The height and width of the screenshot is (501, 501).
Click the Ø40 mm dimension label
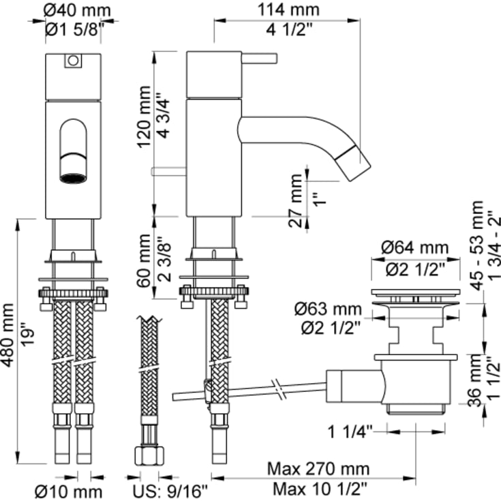click(77, 10)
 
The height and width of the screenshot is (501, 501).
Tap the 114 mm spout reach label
click(288, 10)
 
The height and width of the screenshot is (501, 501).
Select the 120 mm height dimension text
click(144, 117)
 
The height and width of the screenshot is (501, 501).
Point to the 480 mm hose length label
click(7, 335)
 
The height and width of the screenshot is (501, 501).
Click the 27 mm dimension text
click(295, 200)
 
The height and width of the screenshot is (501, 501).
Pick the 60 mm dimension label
click(144, 260)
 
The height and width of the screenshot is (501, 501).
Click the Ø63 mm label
click(328, 309)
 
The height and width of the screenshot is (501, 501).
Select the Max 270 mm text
click(318, 469)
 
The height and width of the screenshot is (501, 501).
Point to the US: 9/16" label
click(170, 491)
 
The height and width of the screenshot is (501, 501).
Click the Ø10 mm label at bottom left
click(68, 491)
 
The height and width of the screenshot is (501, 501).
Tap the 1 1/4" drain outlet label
click(350, 432)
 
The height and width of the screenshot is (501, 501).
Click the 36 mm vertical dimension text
click(475, 380)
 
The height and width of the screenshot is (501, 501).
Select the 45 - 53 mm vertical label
click(477, 245)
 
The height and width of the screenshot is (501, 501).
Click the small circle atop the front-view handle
click(73, 61)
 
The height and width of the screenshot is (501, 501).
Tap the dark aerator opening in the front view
click(73, 178)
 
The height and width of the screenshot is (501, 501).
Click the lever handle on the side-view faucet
click(260, 59)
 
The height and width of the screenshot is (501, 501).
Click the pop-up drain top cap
click(415, 292)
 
